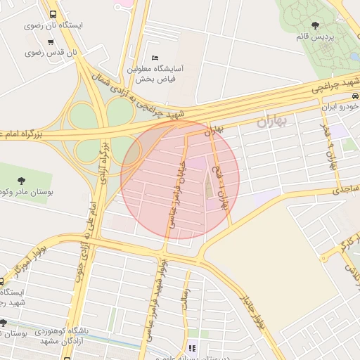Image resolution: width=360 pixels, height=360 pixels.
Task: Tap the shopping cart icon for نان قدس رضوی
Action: click(x=51, y=41)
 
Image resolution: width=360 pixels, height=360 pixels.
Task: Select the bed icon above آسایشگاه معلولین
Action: click(x=155, y=58)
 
